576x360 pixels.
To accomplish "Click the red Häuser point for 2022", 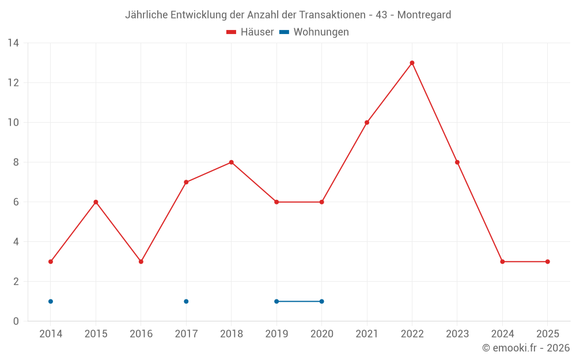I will pos(412,63).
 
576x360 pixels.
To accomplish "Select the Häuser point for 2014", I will pos(51,262).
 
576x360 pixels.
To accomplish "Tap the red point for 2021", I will pos(367,122).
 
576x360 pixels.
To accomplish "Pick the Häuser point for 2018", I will pos(231,162).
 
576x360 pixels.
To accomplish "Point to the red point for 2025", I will pos(547,262).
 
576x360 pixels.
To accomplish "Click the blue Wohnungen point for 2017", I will pos(186,301).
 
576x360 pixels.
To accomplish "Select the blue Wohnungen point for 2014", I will pos(51,301).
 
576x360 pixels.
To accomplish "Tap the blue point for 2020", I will pos(321,301).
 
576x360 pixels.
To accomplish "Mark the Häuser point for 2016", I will pos(141,262).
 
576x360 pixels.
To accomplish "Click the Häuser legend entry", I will pos(250,32).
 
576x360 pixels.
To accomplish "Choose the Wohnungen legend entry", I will pos(314,32).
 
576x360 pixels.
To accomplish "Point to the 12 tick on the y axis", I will pos(14,83).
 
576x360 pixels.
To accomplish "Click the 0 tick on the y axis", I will pos(16,321).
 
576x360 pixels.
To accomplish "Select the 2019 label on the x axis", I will pos(276,334).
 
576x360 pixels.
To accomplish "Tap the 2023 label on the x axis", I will pos(457,334).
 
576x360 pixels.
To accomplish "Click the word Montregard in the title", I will pos(425,14).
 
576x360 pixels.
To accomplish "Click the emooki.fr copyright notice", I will pos(526,348).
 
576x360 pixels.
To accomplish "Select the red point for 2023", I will pos(457,162).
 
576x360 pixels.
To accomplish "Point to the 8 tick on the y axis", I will pos(16,162).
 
